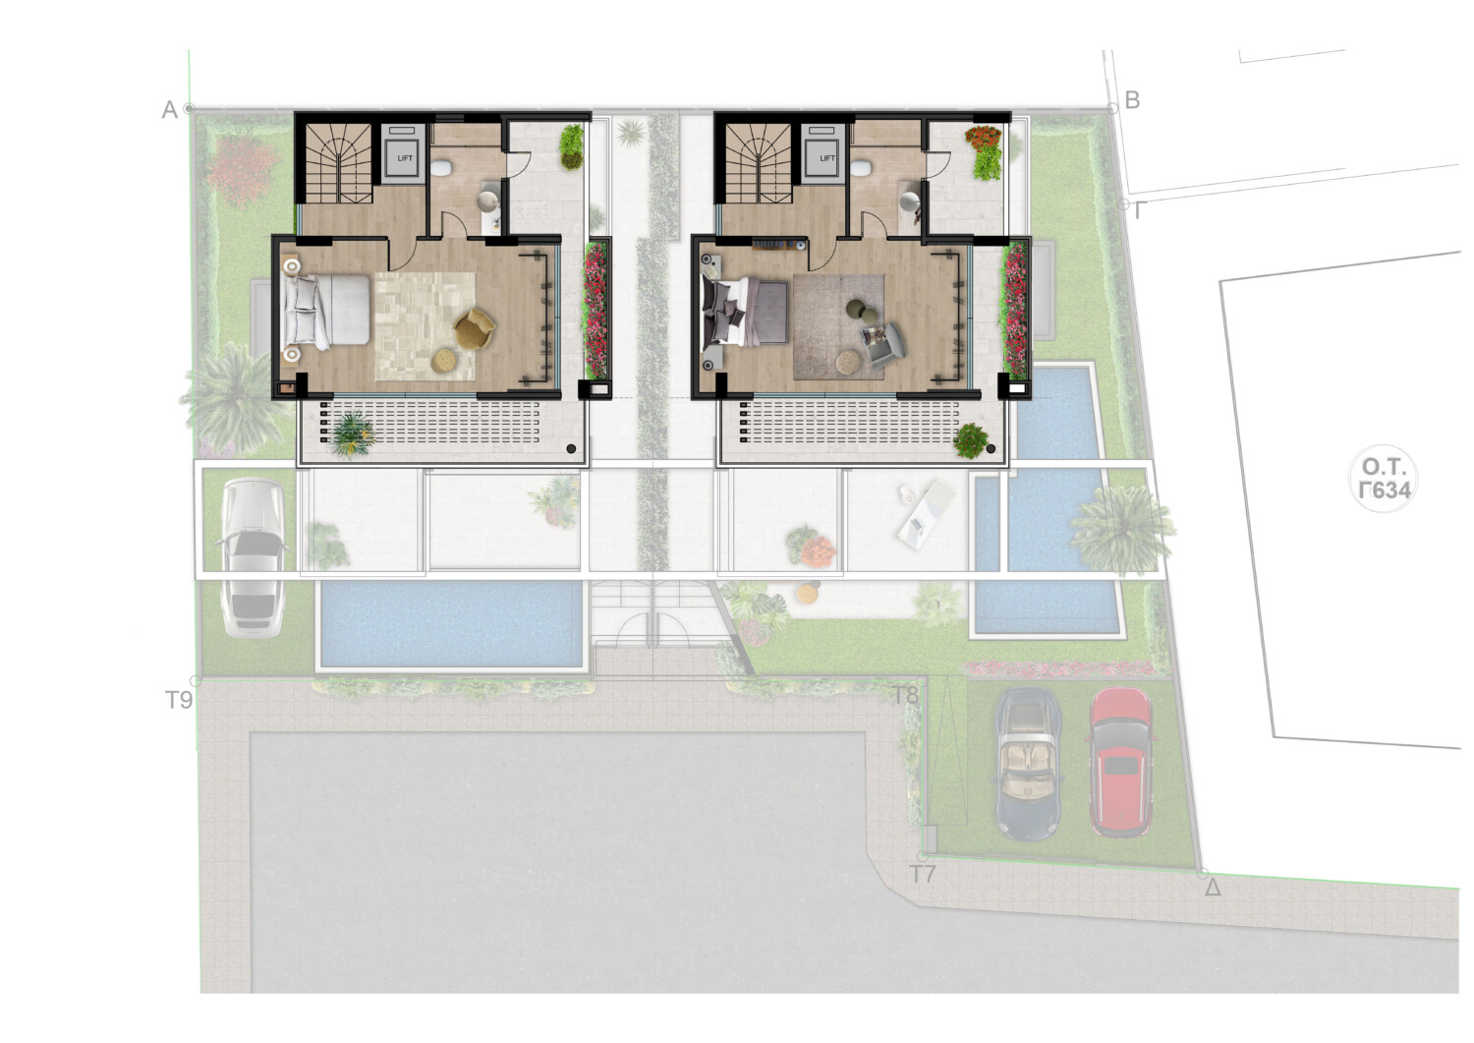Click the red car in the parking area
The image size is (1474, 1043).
(1120, 763)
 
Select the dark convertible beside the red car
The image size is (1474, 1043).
(1028, 765)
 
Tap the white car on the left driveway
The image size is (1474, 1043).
(254, 557)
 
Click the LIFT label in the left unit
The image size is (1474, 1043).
(405, 158)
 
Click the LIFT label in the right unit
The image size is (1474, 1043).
(827, 158)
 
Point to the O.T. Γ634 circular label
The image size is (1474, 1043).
(1384, 479)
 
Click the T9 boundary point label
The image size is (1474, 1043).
(178, 700)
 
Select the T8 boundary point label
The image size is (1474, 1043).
(904, 695)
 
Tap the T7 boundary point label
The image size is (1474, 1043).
(922, 875)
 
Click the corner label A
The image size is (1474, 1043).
(170, 109)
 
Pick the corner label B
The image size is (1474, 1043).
(1132, 100)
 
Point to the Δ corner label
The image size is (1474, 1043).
(1212, 888)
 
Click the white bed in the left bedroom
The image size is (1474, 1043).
(325, 310)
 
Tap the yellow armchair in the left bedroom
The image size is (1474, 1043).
(474, 328)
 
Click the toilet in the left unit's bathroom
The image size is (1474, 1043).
(441, 168)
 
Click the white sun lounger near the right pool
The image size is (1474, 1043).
(926, 514)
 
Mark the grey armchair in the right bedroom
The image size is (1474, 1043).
(883, 343)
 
